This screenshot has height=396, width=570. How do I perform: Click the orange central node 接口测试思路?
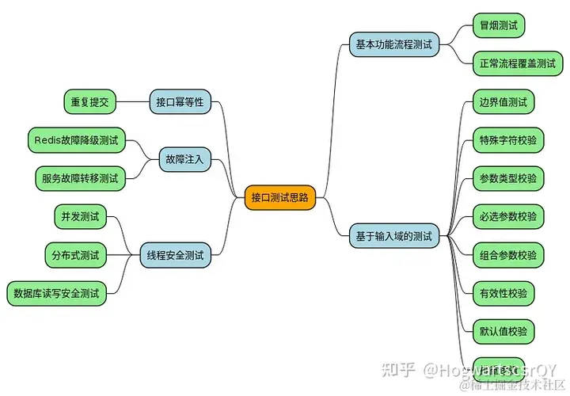point(279,197)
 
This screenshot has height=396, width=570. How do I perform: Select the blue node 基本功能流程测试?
point(394,44)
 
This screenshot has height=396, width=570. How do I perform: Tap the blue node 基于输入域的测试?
point(394,235)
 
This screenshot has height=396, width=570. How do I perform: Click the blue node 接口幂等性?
point(180,101)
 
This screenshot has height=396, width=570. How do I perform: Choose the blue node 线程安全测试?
point(175,255)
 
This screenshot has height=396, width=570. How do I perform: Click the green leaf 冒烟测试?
point(498,25)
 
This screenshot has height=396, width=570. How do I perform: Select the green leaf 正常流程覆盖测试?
point(518,63)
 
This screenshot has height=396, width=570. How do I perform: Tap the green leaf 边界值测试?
point(503,102)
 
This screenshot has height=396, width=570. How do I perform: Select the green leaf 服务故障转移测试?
point(80,178)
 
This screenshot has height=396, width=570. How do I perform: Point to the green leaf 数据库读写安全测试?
point(56,293)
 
